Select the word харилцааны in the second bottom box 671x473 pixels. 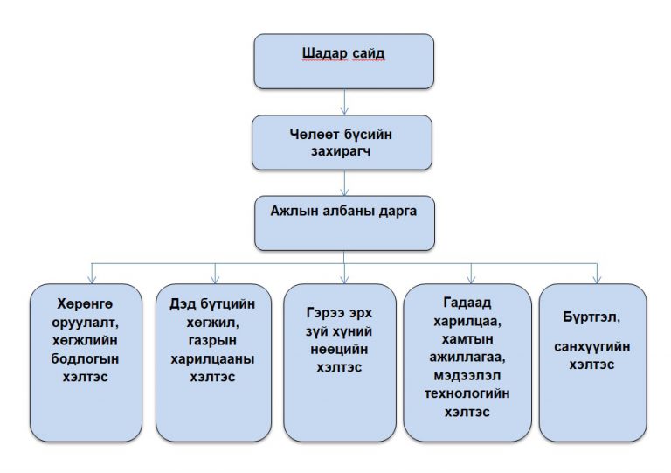[x=213, y=360]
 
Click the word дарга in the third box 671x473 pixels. [x=392, y=211]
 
